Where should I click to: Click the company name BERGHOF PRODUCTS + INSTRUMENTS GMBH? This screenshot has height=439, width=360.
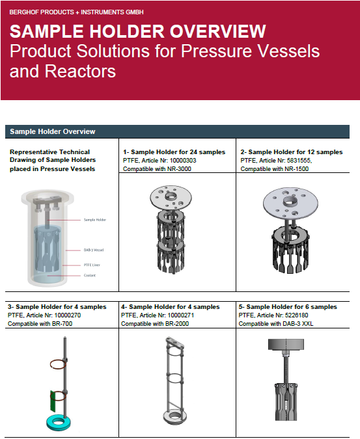click(x=76, y=12)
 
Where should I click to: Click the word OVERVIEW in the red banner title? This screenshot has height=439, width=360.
click(x=217, y=31)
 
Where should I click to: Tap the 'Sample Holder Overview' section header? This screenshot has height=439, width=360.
click(x=52, y=131)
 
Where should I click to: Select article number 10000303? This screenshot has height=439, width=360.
click(x=183, y=161)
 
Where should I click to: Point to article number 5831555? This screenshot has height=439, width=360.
click(x=299, y=161)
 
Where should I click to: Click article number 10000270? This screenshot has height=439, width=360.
click(x=68, y=315)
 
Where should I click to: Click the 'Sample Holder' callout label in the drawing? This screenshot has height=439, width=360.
click(x=95, y=220)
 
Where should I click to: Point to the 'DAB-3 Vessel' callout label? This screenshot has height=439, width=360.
click(x=94, y=250)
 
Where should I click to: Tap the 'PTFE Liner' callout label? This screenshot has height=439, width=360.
click(x=92, y=265)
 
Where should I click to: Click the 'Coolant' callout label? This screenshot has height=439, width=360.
click(x=90, y=276)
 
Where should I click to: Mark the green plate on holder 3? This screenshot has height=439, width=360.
click(x=53, y=401)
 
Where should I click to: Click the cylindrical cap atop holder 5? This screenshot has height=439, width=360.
click(x=286, y=345)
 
